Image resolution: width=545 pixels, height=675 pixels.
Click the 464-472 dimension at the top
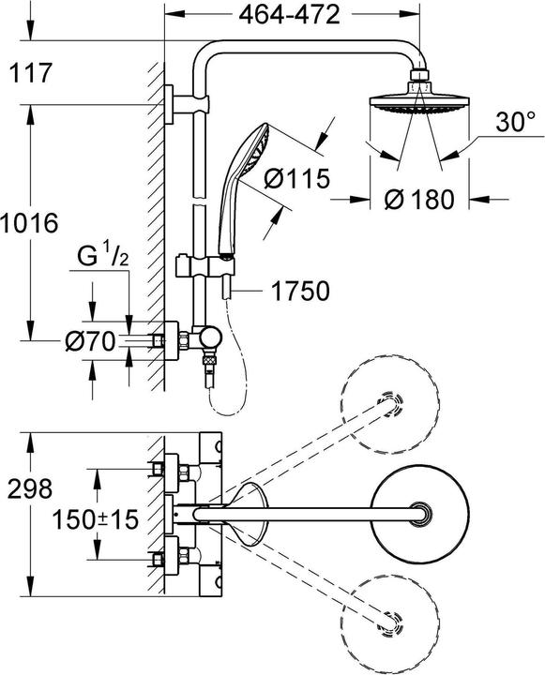(289, 15)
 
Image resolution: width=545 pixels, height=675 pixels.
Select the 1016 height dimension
(30, 223)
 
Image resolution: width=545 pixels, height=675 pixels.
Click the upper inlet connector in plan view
(169, 466)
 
